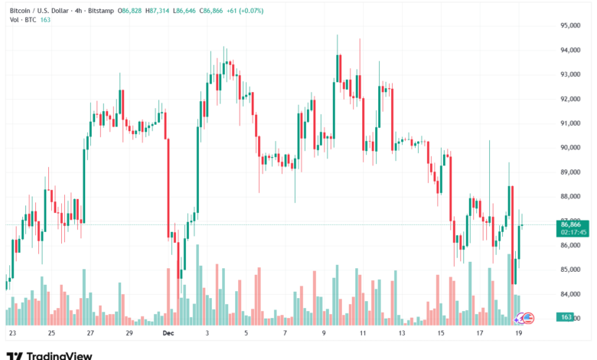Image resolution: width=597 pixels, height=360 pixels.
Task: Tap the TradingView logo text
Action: click(59, 355)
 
